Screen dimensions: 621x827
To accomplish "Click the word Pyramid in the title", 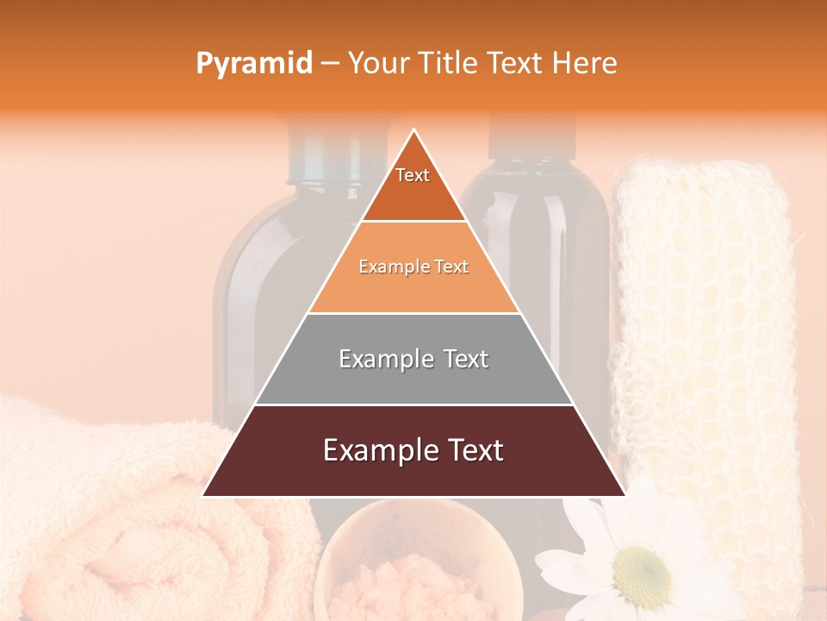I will [x=253, y=64].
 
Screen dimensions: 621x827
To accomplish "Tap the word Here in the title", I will [x=586, y=64].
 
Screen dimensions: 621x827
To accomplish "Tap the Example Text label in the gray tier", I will [x=413, y=359].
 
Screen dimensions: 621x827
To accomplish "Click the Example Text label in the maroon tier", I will [x=413, y=450].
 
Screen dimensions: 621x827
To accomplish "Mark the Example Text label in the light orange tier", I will [x=413, y=267].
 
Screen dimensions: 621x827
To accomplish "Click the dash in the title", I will [x=330, y=64].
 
